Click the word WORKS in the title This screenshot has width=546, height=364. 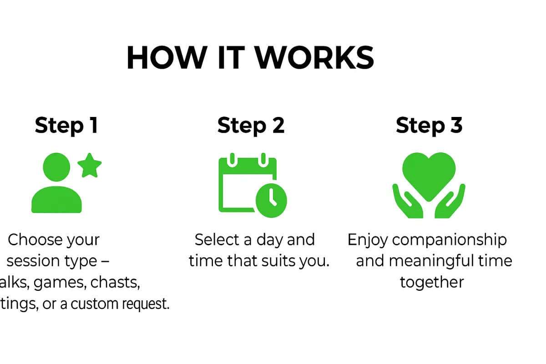(314, 58)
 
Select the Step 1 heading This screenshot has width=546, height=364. (66, 125)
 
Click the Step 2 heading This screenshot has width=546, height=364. (251, 125)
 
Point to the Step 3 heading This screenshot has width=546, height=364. (429, 125)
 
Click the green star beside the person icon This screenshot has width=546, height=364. (89, 166)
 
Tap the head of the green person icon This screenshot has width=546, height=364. (56, 167)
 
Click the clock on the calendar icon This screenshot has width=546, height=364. (271, 200)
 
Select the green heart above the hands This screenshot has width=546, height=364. (429, 175)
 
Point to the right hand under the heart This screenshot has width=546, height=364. (450, 202)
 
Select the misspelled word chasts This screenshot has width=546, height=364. (115, 283)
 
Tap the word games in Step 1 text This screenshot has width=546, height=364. (59, 283)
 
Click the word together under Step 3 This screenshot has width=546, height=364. (432, 283)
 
